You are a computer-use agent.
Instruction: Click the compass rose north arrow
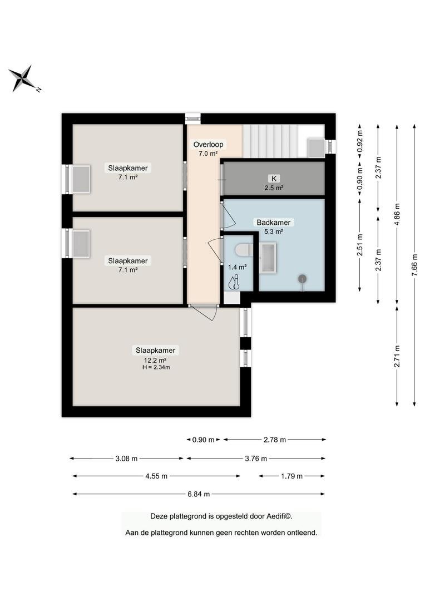(23, 78)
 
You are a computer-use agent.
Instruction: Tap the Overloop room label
(208, 145)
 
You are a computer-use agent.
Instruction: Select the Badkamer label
(274, 222)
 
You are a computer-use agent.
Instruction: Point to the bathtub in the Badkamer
(268, 258)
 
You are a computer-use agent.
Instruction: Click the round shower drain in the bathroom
(303, 279)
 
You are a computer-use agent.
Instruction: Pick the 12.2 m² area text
(155, 360)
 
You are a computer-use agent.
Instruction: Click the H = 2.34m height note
(156, 367)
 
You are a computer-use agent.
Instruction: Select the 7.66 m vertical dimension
(414, 265)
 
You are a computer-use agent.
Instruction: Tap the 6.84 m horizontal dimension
(199, 494)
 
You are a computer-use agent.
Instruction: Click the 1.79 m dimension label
(291, 476)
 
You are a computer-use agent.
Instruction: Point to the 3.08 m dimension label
(126, 459)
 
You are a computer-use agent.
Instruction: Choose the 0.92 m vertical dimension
(360, 141)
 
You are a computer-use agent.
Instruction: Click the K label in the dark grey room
(274, 178)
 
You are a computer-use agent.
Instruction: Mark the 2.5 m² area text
(274, 188)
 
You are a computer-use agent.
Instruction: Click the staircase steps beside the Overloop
(270, 141)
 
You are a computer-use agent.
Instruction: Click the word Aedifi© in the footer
(279, 516)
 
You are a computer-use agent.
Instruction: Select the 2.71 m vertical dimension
(397, 356)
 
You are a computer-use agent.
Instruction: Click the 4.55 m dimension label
(156, 476)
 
